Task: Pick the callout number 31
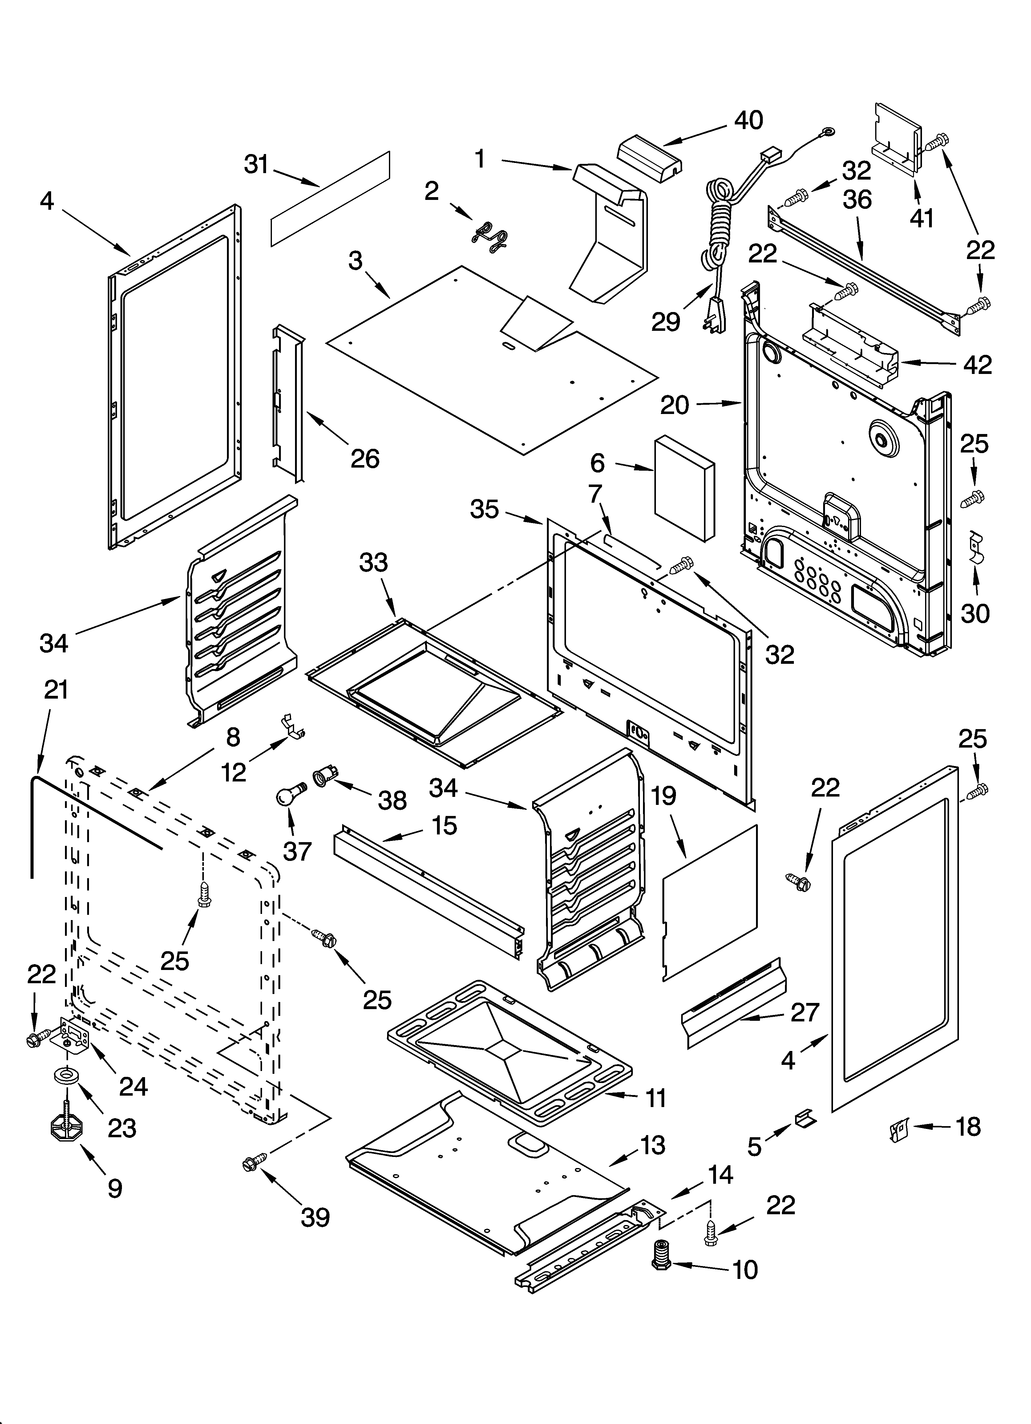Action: pos(256,164)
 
